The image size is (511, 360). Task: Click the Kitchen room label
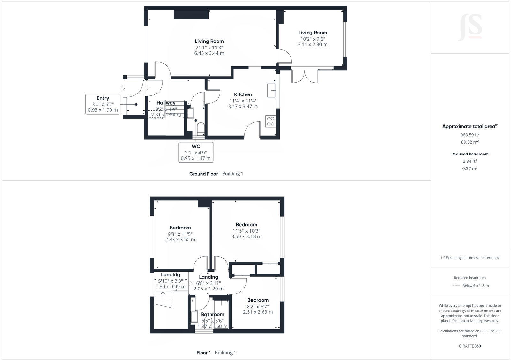pyautogui.click(x=243, y=94)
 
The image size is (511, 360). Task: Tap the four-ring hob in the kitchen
pyautogui.click(x=271, y=121)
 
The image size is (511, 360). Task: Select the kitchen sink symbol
pyautogui.click(x=271, y=90)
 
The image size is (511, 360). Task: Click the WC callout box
pyautogui.click(x=196, y=152)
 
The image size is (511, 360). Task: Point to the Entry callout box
pyautogui.click(x=103, y=104)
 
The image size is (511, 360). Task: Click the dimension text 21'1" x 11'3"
pyautogui.click(x=209, y=47)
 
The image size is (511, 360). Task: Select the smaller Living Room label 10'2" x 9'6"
pyautogui.click(x=312, y=38)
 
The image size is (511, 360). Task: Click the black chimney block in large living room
pyautogui.click(x=191, y=15)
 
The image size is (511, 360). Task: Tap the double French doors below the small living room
pyautogui.click(x=304, y=76)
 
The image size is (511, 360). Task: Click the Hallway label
pyautogui.click(x=166, y=103)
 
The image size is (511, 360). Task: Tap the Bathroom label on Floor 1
pyautogui.click(x=212, y=314)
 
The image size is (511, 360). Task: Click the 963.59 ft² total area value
pyautogui.click(x=469, y=135)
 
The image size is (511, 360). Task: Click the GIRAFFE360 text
pyautogui.click(x=469, y=346)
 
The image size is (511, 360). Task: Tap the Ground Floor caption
pyautogui.click(x=203, y=174)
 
